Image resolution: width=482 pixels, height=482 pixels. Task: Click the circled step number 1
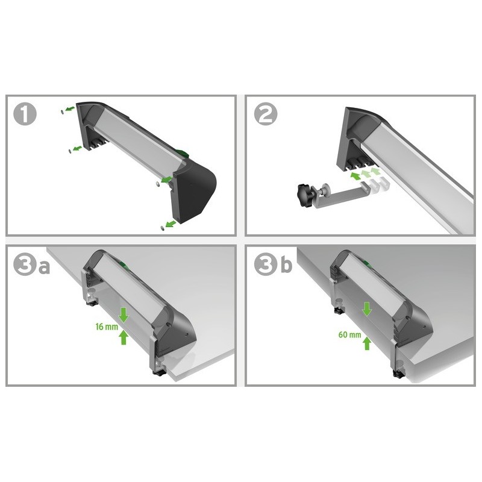point(25,114)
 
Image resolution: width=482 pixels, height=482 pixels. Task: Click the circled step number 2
point(266,114)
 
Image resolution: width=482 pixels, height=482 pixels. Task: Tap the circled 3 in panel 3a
point(25,264)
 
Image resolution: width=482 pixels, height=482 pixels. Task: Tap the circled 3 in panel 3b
point(266,264)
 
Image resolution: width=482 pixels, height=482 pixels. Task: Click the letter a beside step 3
point(44,267)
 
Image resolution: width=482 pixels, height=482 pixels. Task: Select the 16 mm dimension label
point(107,327)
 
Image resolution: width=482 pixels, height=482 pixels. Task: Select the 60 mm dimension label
point(350,334)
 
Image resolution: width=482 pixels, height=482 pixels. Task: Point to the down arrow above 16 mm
point(124,315)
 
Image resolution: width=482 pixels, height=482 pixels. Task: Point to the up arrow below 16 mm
point(124,337)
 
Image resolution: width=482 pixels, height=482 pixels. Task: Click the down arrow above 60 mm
point(366,309)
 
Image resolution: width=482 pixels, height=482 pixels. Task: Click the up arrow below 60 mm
point(366,343)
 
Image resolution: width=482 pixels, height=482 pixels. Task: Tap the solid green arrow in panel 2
point(355,176)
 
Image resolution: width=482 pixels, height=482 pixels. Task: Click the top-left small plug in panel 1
point(63,112)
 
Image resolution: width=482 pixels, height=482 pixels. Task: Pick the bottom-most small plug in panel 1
point(162,228)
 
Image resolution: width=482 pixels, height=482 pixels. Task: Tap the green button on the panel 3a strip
point(125,266)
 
